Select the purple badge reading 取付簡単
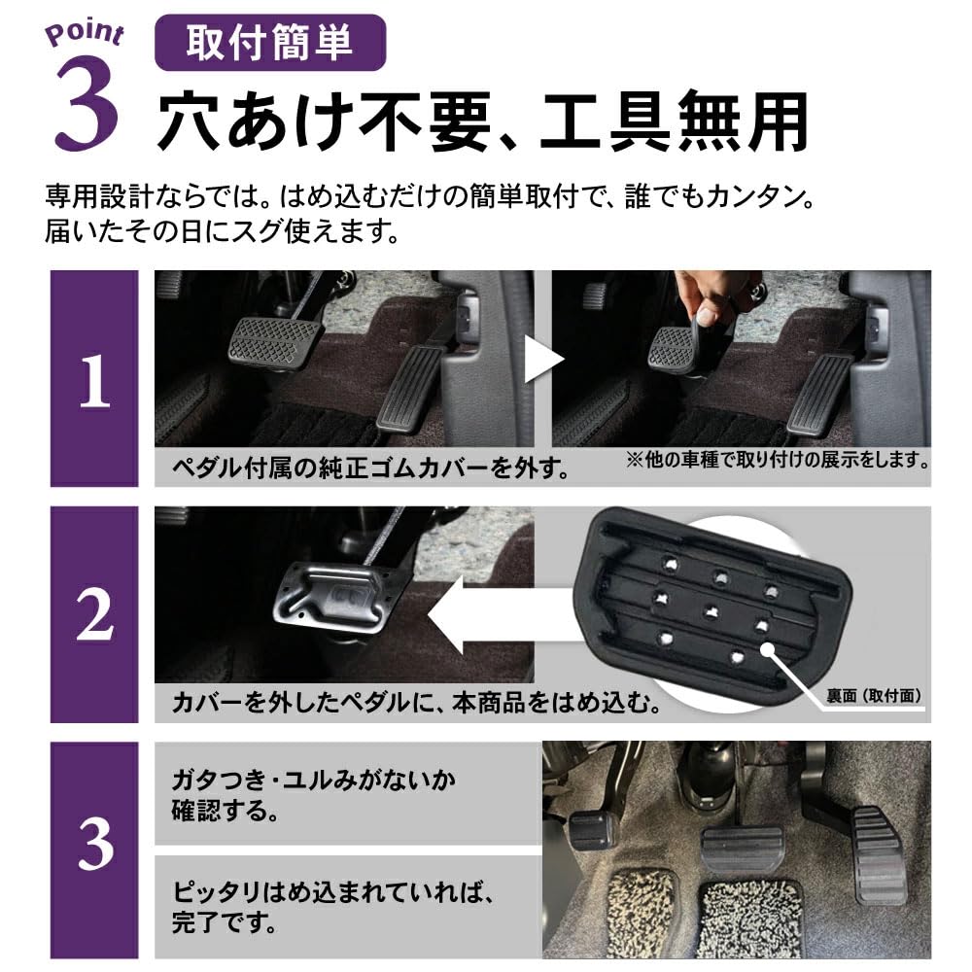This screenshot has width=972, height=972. (x=270, y=45)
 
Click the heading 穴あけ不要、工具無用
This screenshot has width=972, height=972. (x=482, y=121)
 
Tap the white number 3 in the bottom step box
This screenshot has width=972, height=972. (x=94, y=849)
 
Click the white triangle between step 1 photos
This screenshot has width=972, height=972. (x=542, y=362)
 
